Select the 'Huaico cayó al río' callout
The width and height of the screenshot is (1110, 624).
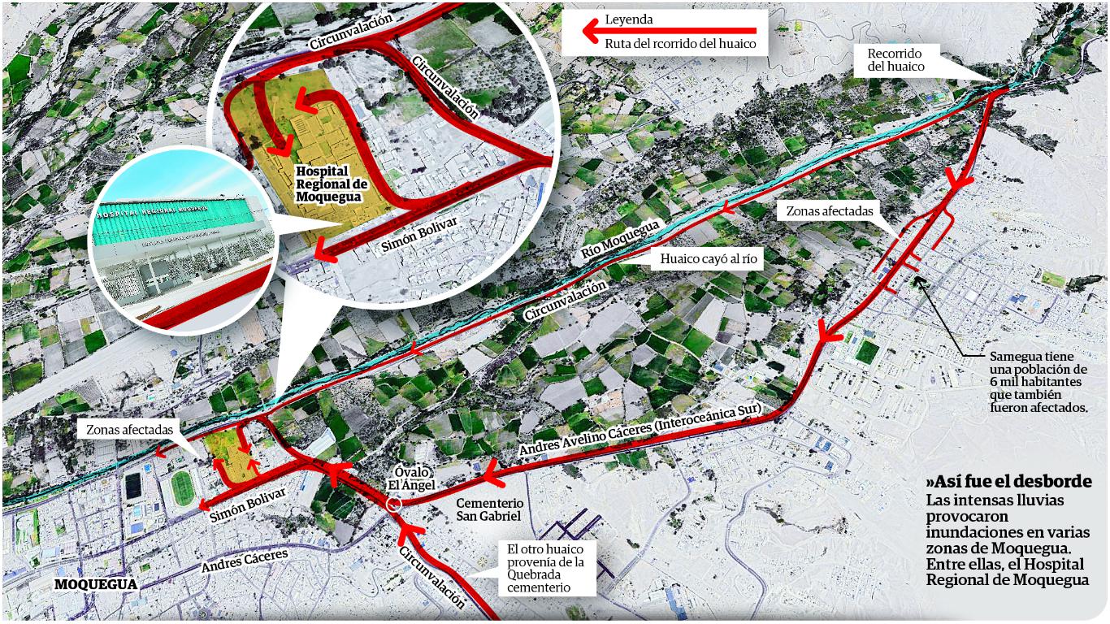[700, 259]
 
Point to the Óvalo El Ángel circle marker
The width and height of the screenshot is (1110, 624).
[394, 504]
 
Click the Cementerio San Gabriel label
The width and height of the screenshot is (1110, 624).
[488, 509]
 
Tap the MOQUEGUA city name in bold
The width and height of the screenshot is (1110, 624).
[96, 583]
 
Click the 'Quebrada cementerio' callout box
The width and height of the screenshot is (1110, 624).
[546, 568]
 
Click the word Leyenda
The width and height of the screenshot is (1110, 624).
[630, 19]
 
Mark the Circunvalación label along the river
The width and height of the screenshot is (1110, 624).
[566, 300]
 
